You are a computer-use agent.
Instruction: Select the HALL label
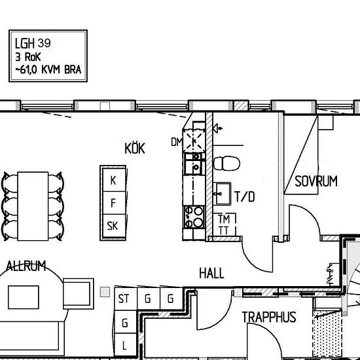[211, 273]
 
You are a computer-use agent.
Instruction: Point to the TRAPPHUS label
[268, 317]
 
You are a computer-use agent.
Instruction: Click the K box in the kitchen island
[113, 181]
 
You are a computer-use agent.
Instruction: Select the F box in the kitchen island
[113, 203]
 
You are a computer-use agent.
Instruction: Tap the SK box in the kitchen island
[113, 226]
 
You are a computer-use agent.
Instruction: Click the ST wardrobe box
[123, 299]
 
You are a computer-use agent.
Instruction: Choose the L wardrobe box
[124, 344]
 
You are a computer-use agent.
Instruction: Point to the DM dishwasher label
[175, 141]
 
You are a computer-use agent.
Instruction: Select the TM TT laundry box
[223, 224]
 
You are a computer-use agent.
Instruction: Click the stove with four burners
[193, 217]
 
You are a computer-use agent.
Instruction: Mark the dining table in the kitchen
[33, 203]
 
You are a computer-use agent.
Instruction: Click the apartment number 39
[45, 43]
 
